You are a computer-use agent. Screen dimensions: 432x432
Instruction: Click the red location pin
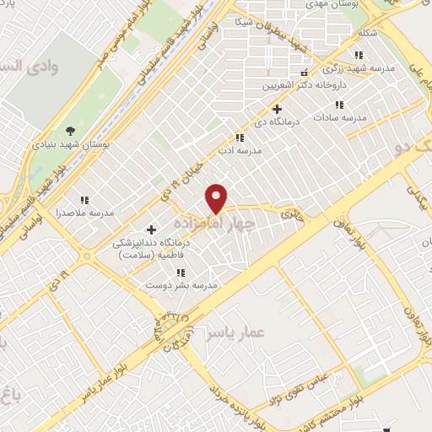(x=218, y=198)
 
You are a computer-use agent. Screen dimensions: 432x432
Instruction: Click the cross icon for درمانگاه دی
(x=277, y=109)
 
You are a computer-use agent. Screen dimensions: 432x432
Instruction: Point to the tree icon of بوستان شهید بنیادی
(x=71, y=131)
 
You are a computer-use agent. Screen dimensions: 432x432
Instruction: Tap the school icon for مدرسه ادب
(x=240, y=138)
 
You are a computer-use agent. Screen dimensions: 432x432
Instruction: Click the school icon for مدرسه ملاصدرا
(x=84, y=200)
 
